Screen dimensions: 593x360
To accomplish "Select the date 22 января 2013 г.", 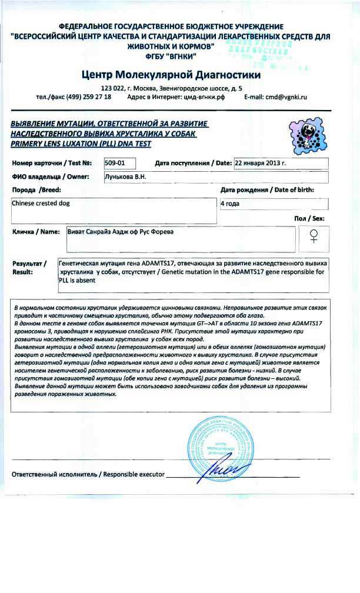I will coord(260,163).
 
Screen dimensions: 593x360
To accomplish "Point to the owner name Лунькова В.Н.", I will coord(126,176).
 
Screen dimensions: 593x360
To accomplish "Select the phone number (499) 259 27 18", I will coord(87,96).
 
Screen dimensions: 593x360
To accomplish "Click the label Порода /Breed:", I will coord(36,190).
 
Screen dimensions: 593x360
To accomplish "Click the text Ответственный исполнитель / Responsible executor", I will coord(88,474).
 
